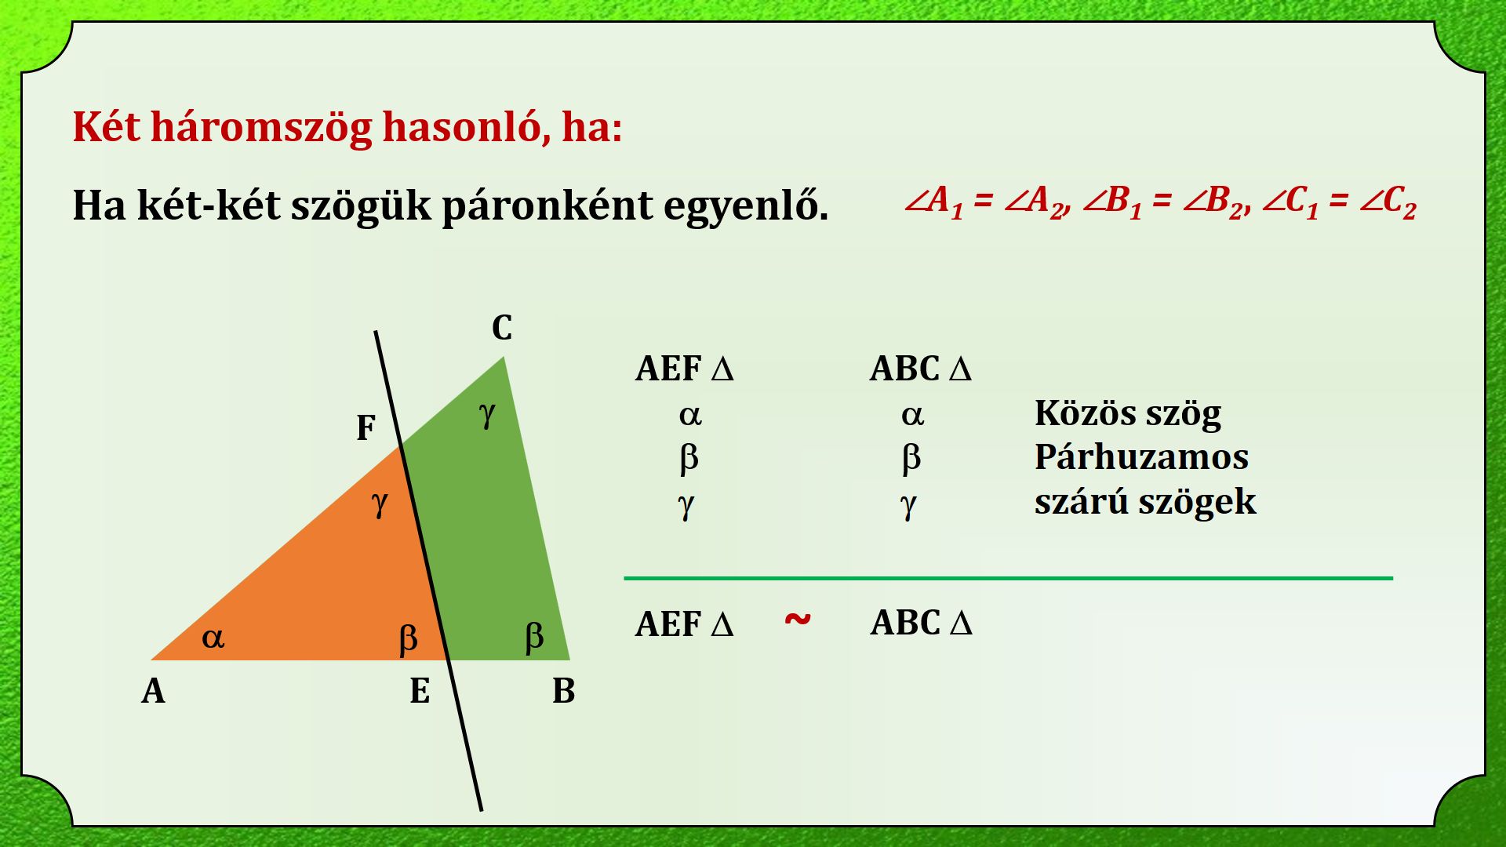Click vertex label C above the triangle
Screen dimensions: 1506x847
(502, 328)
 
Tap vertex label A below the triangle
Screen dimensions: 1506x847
(153, 691)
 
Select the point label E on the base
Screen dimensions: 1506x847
(420, 691)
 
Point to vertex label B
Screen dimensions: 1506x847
(563, 691)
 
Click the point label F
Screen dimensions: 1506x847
(366, 428)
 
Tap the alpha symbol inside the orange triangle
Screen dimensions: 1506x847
(213, 638)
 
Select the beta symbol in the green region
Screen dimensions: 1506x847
(534, 636)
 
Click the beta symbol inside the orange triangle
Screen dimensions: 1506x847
(408, 638)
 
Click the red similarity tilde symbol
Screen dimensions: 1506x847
(798, 620)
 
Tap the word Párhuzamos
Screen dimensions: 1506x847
(1141, 457)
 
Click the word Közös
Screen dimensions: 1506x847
(1081, 413)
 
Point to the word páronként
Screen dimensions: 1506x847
(547, 206)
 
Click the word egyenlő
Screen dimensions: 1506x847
(746, 205)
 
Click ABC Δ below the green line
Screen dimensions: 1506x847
(921, 623)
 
